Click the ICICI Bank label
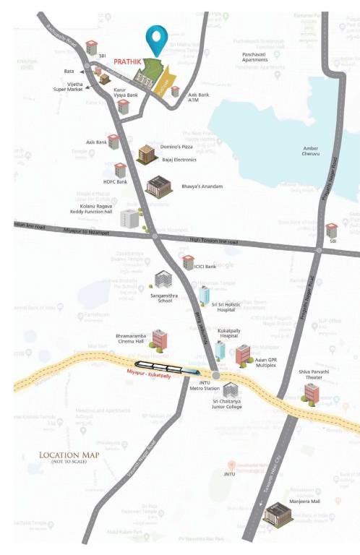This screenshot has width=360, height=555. [x=207, y=267]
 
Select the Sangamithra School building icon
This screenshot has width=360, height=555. [x=163, y=280]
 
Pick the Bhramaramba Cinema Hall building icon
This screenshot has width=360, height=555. [x=159, y=337]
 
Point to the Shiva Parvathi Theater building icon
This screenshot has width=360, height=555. [x=312, y=392]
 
